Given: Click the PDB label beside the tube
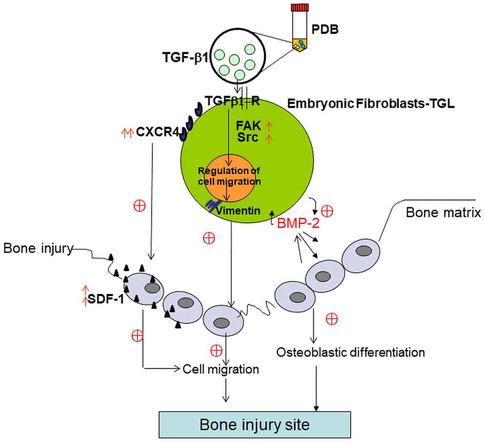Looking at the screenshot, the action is pyautogui.click(x=325, y=29).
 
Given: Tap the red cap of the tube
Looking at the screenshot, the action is pyautogui.click(x=300, y=7).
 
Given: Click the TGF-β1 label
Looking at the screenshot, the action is pyautogui.click(x=185, y=58).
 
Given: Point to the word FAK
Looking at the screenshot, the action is pyautogui.click(x=249, y=126).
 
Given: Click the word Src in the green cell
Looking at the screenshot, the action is pyautogui.click(x=248, y=137).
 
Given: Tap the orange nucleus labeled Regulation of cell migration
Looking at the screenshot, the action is pyautogui.click(x=229, y=177).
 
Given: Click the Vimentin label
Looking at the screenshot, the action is pyautogui.click(x=238, y=211).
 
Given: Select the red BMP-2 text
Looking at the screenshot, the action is pyautogui.click(x=298, y=223).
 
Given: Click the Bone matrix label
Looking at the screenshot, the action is pyautogui.click(x=443, y=212).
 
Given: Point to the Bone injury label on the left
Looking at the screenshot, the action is pyautogui.click(x=38, y=248).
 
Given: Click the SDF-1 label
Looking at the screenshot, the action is pyautogui.click(x=106, y=299).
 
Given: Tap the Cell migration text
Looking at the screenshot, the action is pyautogui.click(x=221, y=369).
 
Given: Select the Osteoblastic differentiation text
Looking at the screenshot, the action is pyautogui.click(x=350, y=352).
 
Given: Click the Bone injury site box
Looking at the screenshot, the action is pyautogui.click(x=254, y=425).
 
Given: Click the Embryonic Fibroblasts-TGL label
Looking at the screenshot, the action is pyautogui.click(x=371, y=104).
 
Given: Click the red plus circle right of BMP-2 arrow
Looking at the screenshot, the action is pyautogui.click(x=327, y=211).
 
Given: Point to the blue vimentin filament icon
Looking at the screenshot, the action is pyautogui.click(x=213, y=205).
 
